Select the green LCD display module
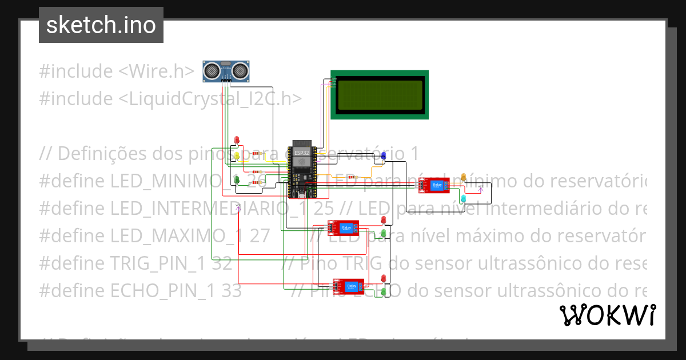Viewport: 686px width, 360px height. [380, 95]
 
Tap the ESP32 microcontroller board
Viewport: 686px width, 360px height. [301, 169]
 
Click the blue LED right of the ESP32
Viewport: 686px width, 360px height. [384, 155]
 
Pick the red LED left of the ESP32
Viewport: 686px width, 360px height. [237, 141]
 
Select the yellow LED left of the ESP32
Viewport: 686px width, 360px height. [237, 155]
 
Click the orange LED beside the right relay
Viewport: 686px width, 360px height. [464, 177]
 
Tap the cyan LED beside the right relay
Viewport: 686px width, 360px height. [464, 198]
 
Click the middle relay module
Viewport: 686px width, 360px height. [343, 228]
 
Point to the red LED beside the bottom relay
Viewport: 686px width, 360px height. [383, 278]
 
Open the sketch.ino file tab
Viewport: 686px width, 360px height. [101, 25]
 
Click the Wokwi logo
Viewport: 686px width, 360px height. [607, 315]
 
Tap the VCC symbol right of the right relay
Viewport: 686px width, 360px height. [480, 187]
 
